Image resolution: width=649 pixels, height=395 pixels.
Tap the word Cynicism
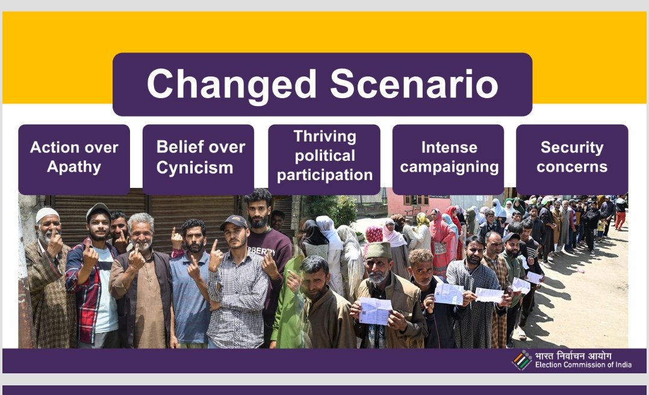pos(194,167)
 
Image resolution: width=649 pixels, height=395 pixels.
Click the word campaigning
pos(449,167)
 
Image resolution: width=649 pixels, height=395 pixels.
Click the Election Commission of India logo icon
pos(521,360)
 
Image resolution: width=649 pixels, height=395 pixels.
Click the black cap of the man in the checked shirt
pos(234,222)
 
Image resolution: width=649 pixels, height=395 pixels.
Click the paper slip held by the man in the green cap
pos(376,310)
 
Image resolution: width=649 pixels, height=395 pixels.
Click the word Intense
pos(449,148)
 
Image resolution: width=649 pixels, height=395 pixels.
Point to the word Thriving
pos(325,136)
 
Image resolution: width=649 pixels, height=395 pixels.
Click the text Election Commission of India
pos(583,365)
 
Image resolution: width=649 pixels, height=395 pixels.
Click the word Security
pos(572,148)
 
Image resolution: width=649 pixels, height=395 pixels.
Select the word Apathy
pos(74,167)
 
